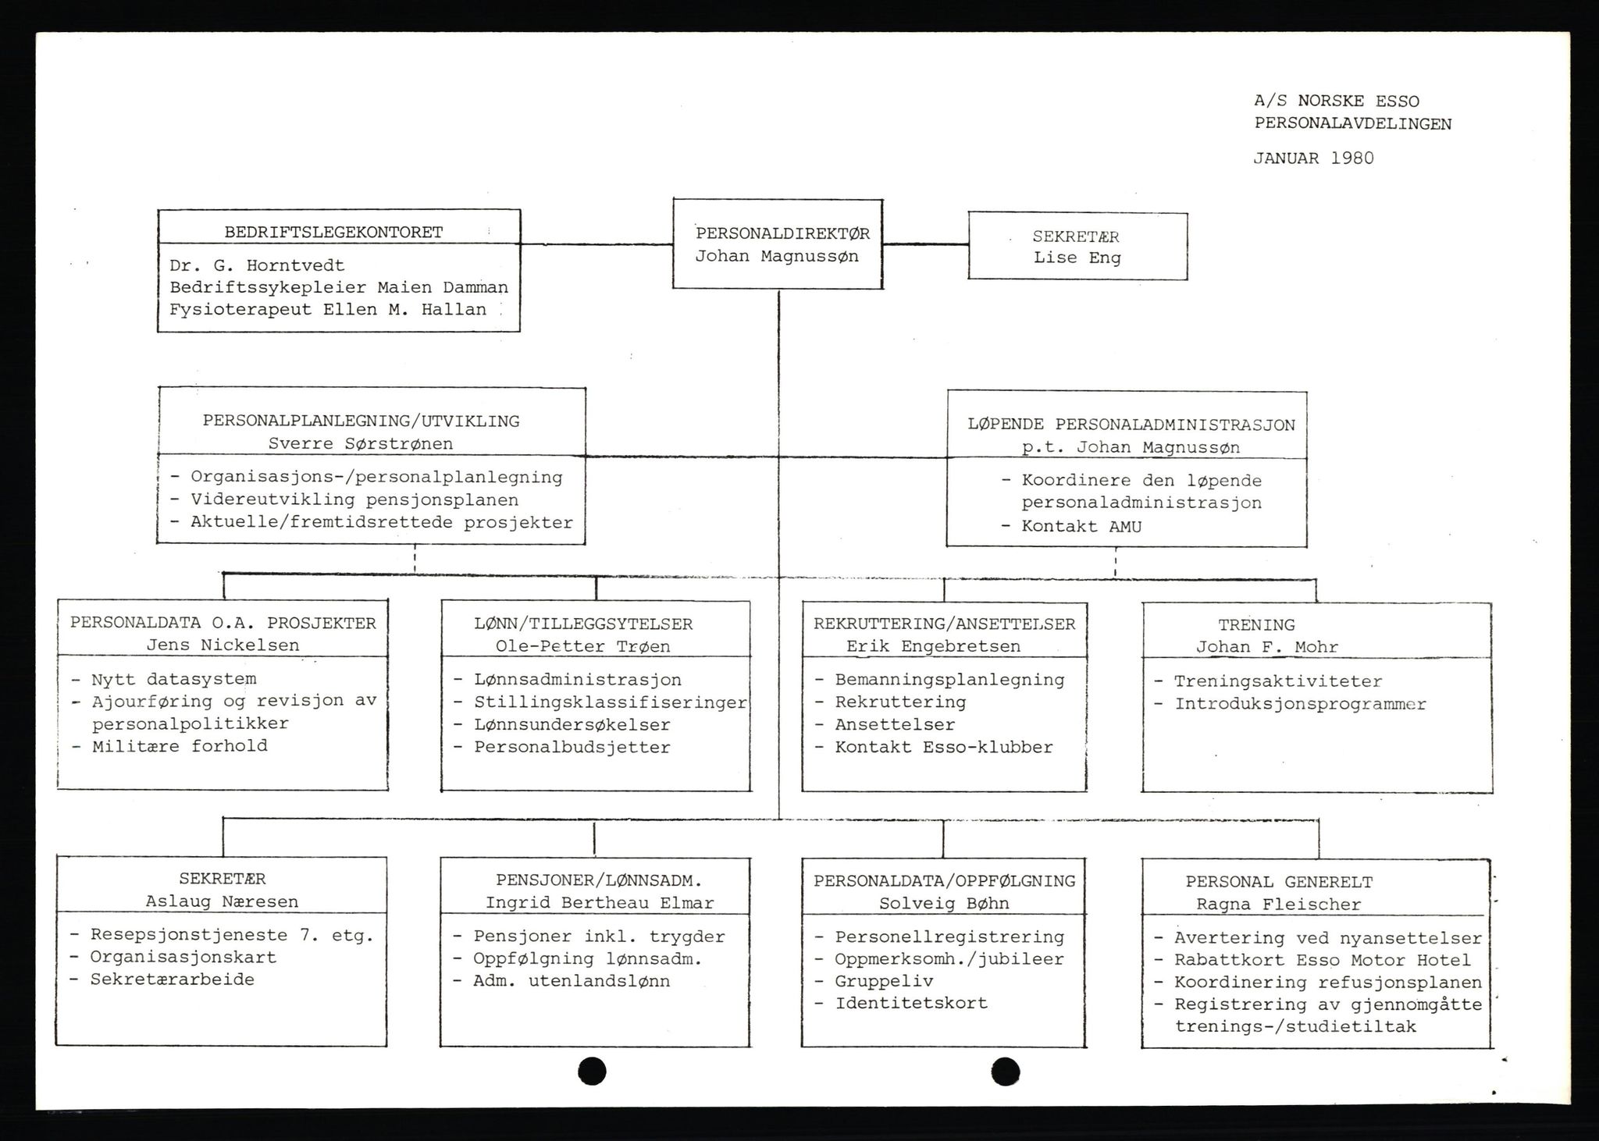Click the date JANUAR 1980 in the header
pos(1313,158)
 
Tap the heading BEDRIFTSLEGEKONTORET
pos(333,232)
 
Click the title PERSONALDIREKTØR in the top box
pos(782,233)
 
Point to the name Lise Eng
pos(1077,258)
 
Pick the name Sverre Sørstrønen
pos(360,443)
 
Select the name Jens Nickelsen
pos(223,645)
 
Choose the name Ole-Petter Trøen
pos(582,646)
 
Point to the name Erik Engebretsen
pos(933,646)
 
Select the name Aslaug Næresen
pos(222,901)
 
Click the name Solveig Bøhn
pos(944,903)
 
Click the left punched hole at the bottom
pos(592,1071)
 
